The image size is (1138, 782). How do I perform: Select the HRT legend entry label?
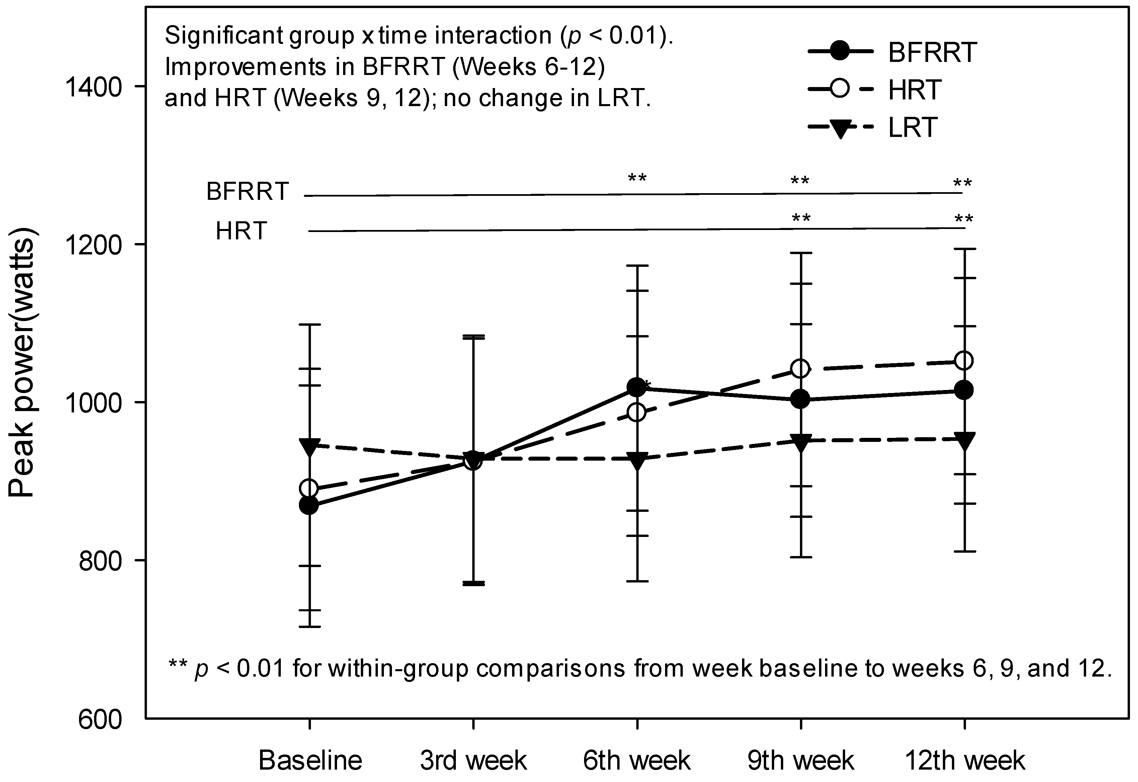point(914,90)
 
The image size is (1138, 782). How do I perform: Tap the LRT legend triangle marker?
point(840,129)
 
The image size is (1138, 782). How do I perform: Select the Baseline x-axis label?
point(310,761)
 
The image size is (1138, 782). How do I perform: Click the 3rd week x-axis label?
point(473,761)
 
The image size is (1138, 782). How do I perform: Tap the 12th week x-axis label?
point(964,761)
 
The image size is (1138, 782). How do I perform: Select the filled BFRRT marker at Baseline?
point(309,505)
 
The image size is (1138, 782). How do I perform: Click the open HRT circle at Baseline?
point(309,488)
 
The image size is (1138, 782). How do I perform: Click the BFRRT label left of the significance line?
point(247,191)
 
